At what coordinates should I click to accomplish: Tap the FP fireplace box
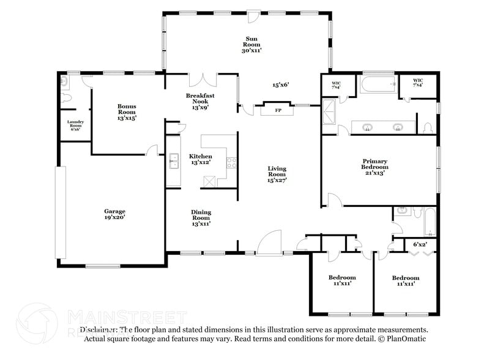278,110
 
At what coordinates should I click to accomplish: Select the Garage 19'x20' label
114,214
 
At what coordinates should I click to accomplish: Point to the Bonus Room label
127,112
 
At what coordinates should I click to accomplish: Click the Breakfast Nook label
201,100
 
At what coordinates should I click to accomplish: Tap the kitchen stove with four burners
232,163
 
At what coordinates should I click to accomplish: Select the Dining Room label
201,218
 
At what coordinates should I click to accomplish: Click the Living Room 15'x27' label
277,174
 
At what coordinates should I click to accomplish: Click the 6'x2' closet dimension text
420,244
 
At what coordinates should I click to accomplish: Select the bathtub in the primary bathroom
378,84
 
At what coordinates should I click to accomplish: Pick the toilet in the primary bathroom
428,127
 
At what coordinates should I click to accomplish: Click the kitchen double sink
174,162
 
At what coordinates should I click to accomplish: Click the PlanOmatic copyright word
406,339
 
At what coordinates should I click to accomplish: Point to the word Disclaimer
98,329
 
